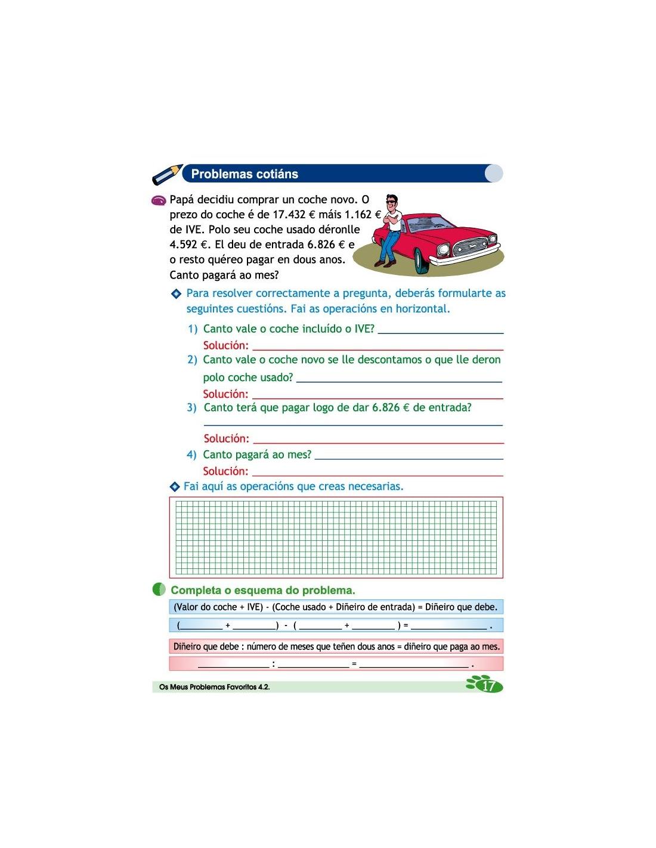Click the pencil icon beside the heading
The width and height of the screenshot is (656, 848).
click(167, 174)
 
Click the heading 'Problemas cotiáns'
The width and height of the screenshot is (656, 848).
click(245, 174)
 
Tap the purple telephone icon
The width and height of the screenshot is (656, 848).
click(159, 201)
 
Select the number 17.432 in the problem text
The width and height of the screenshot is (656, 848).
click(289, 215)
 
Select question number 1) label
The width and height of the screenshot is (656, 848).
click(193, 329)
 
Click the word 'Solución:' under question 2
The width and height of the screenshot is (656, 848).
click(225, 394)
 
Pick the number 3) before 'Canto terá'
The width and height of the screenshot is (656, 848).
click(191, 408)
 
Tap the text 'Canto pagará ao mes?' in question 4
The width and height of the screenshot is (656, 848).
click(257, 455)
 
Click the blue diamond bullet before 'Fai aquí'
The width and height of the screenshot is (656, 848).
click(175, 487)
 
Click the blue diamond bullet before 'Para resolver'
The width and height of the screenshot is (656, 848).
click(176, 293)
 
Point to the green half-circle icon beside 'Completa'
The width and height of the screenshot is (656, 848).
click(159, 590)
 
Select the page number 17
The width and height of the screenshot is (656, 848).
click(488, 686)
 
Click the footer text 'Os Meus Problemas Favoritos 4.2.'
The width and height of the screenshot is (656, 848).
click(215, 687)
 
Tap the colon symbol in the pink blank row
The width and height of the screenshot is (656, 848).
click(274, 664)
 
